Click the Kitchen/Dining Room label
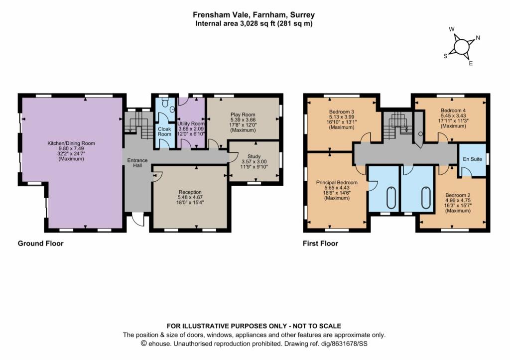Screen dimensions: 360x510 point(71,143)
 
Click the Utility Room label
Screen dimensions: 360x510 point(191,123)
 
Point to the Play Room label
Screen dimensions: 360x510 point(243,115)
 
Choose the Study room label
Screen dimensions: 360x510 point(254,156)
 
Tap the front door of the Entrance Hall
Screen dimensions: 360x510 point(137,219)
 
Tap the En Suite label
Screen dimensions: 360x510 point(471,160)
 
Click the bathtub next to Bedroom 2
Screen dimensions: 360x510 point(426,198)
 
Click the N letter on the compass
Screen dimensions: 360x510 point(478,38)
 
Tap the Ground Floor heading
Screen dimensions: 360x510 point(40,243)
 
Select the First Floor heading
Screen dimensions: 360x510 point(320,243)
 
